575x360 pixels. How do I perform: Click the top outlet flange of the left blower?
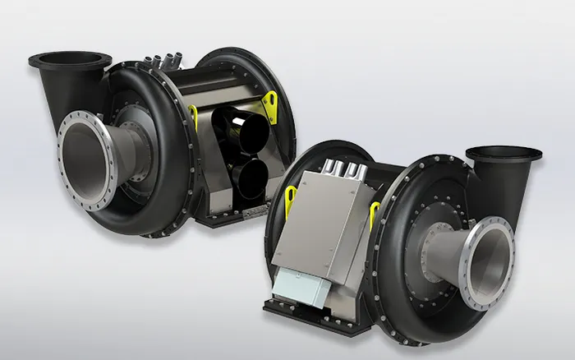[70, 59]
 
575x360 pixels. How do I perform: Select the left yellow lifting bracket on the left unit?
[193, 116]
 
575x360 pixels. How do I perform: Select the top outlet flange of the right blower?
[504, 153]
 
